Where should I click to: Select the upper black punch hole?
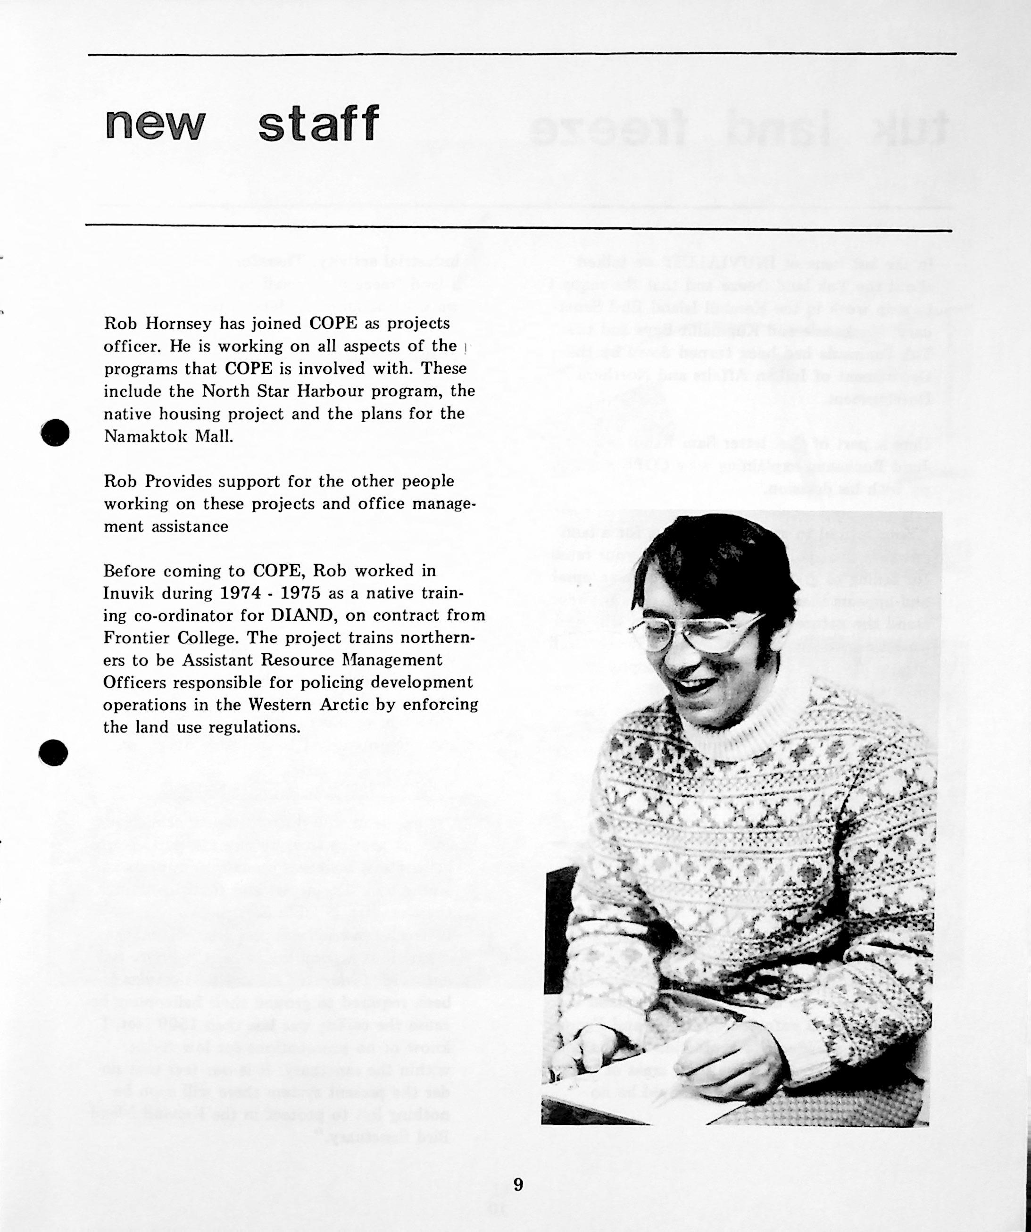click(56, 433)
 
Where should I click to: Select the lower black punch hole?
click(54, 751)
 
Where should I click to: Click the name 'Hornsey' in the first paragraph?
click(178, 323)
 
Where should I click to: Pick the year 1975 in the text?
click(300, 592)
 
